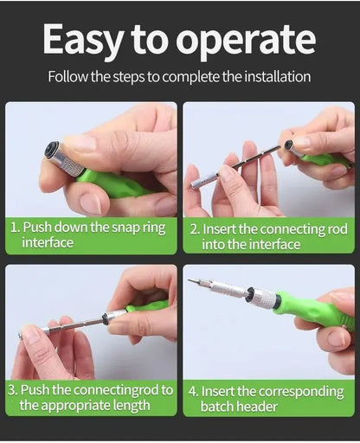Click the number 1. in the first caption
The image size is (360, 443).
coord(14,227)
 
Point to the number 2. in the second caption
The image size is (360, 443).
coord(195,228)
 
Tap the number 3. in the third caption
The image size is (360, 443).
coord(13,390)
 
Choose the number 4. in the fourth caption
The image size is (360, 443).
coord(195,390)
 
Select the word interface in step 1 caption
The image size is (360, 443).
coord(48,243)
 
